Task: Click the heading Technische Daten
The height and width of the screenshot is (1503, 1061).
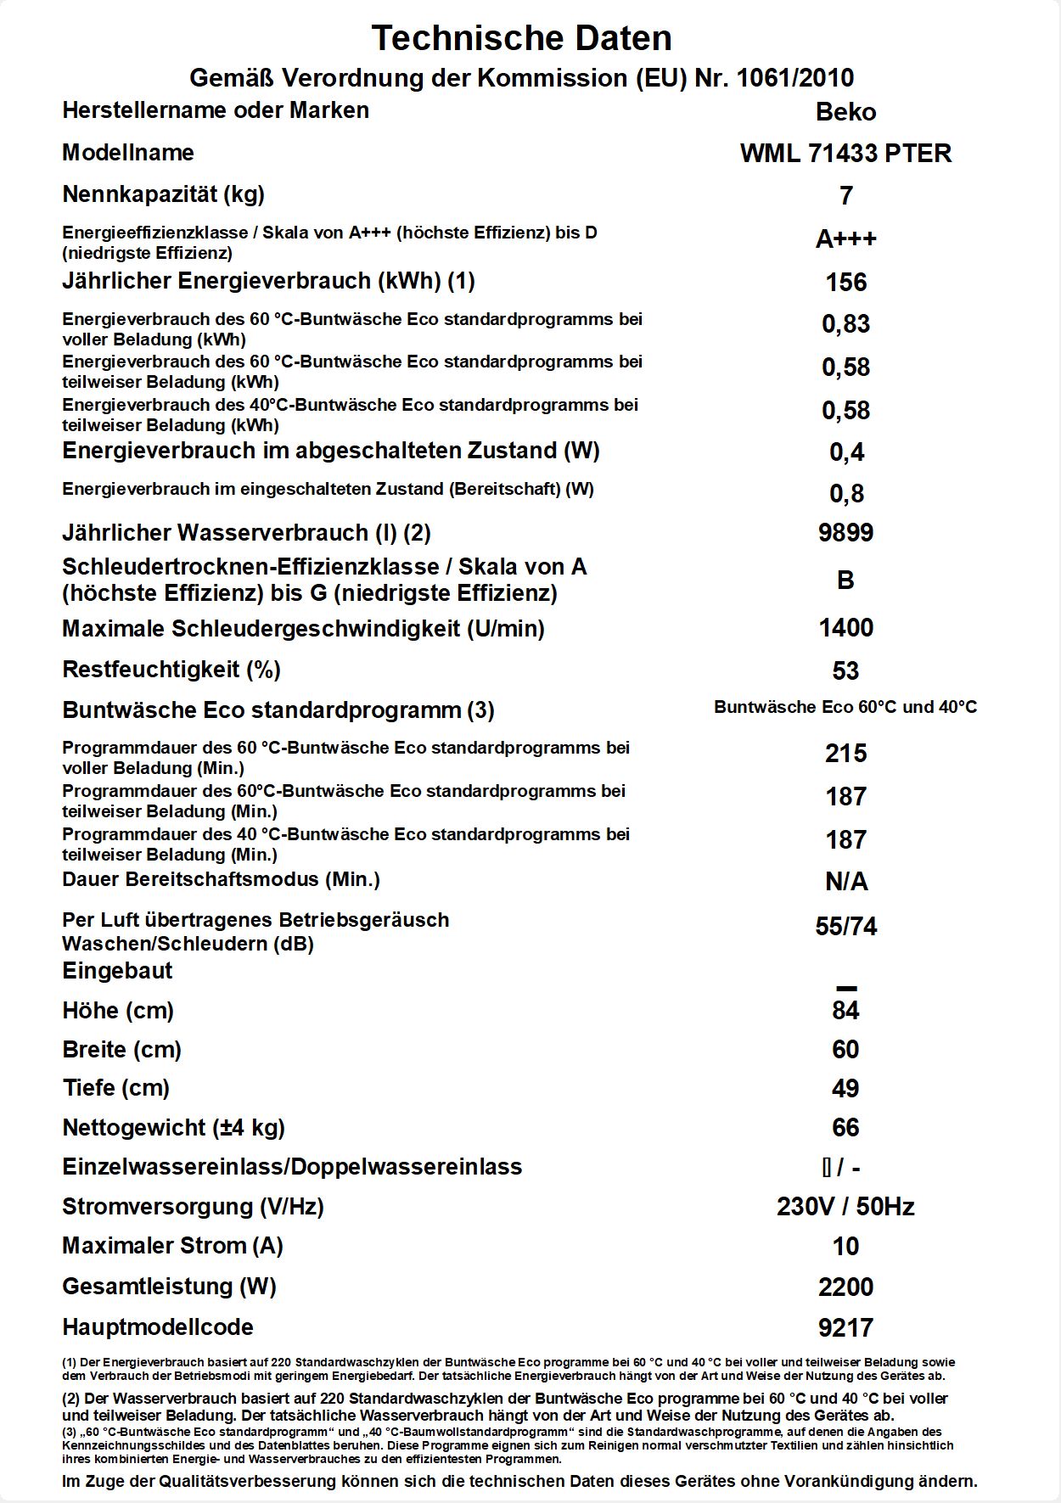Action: click(x=521, y=38)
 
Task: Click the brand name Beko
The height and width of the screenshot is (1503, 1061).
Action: click(x=845, y=112)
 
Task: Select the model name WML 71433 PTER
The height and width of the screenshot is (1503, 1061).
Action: click(x=845, y=154)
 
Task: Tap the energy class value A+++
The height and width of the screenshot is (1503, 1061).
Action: click(x=845, y=239)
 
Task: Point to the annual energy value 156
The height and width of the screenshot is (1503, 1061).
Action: click(x=845, y=282)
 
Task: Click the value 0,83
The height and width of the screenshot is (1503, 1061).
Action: click(x=845, y=324)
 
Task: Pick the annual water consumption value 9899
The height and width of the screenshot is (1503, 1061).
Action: click(x=845, y=533)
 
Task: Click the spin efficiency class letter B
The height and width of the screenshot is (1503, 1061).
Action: click(x=845, y=580)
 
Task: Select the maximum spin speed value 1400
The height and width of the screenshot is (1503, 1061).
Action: click(x=845, y=628)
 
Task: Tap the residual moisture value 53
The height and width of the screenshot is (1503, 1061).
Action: click(x=845, y=671)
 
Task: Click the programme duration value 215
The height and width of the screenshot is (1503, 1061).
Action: click(x=845, y=754)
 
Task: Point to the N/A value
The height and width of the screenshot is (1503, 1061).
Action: click(x=845, y=883)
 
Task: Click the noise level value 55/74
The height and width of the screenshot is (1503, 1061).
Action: click(x=845, y=927)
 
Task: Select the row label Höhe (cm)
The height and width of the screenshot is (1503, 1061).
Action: click(x=118, y=1011)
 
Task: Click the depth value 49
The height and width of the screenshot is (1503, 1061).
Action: click(x=845, y=1089)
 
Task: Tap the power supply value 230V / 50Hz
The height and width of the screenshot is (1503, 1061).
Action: click(x=845, y=1207)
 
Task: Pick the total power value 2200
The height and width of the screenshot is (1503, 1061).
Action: click(x=845, y=1287)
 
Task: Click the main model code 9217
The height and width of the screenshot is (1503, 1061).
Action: click(x=845, y=1328)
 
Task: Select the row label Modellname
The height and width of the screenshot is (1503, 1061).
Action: click(x=128, y=153)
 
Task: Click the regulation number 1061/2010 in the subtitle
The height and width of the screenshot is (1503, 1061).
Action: click(x=795, y=78)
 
